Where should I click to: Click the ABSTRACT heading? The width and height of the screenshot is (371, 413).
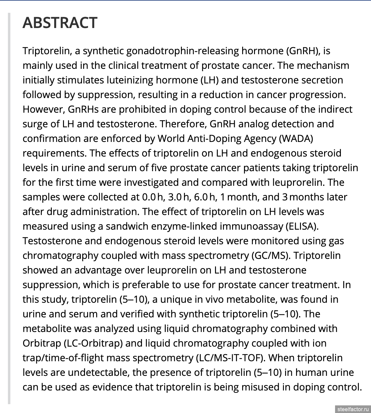(x=60, y=23)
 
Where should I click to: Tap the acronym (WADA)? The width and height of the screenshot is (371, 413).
(x=296, y=138)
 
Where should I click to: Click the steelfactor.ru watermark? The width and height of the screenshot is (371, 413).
(x=353, y=409)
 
